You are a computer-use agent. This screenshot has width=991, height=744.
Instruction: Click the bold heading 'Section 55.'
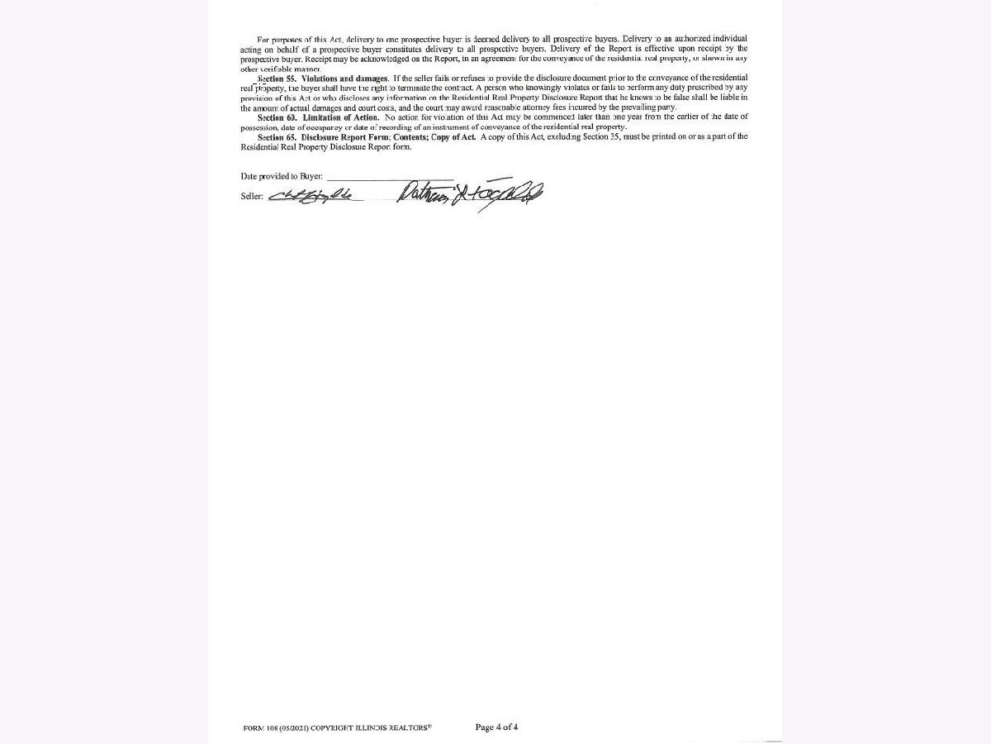277,79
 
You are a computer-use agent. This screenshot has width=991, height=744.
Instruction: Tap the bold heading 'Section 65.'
277,137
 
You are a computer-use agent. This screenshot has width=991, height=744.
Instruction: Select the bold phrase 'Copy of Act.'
453,137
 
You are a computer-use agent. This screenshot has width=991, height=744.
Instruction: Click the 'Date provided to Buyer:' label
282,177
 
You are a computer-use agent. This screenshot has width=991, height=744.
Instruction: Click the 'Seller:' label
252,197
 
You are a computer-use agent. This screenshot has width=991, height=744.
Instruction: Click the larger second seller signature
469,196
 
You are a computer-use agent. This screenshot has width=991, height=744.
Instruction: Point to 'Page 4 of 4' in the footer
497,727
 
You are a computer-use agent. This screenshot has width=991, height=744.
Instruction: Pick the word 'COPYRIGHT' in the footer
335,728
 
